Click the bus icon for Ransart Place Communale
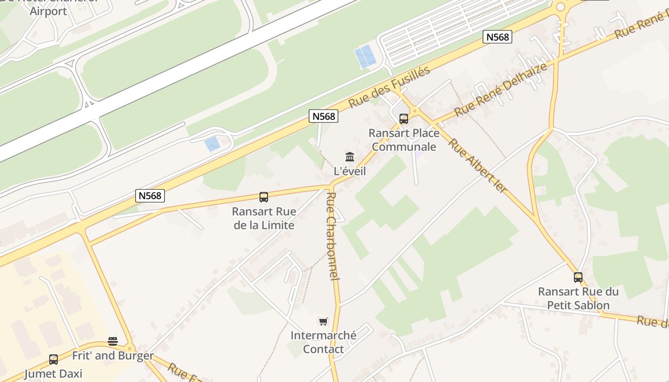[x=404, y=119]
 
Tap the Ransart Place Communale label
[x=404, y=140]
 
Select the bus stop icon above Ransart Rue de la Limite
[x=263, y=197]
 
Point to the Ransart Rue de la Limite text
[x=264, y=218]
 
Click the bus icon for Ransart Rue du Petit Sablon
[x=578, y=277]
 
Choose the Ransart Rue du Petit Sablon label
[x=578, y=298]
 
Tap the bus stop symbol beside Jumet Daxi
[x=54, y=360]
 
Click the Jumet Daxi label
[x=54, y=373]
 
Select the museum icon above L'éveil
[x=350, y=157]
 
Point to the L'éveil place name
[x=350, y=170]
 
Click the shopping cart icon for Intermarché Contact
[x=324, y=321]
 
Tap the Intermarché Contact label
[x=324, y=342]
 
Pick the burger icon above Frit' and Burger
[x=113, y=341]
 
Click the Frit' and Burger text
[x=113, y=356]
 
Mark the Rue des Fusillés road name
[x=389, y=87]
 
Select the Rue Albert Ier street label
[x=477, y=165]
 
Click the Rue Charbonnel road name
[x=333, y=236]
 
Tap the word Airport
[x=48, y=11]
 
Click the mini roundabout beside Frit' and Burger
[x=129, y=348]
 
